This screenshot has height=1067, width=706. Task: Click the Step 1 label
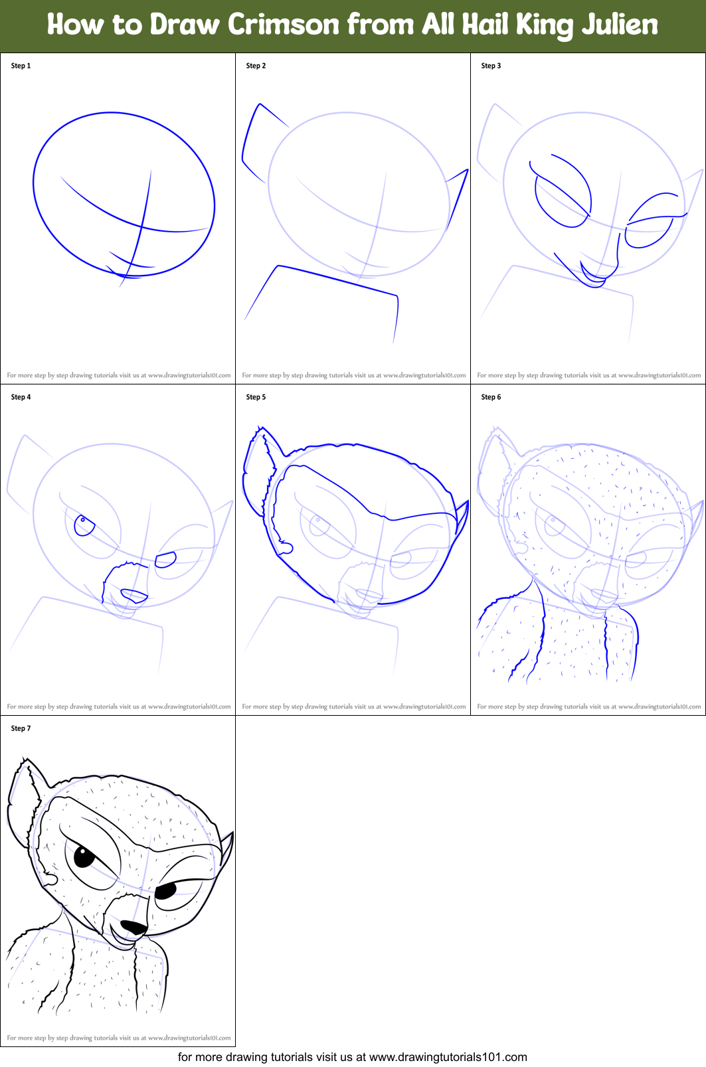pos(21,66)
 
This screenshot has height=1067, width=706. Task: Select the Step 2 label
pos(256,66)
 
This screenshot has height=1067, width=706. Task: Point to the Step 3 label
pos(491,66)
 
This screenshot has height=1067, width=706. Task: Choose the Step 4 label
pos(21,397)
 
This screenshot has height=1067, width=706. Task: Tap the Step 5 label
pos(256,397)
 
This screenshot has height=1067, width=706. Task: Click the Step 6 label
pos(491,397)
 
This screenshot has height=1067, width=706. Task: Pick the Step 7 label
pos(21,728)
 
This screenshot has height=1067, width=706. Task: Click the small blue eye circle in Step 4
pos(84,526)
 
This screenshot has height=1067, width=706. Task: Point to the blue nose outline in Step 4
pos(134,596)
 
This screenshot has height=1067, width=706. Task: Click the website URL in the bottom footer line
pos(448,1057)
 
